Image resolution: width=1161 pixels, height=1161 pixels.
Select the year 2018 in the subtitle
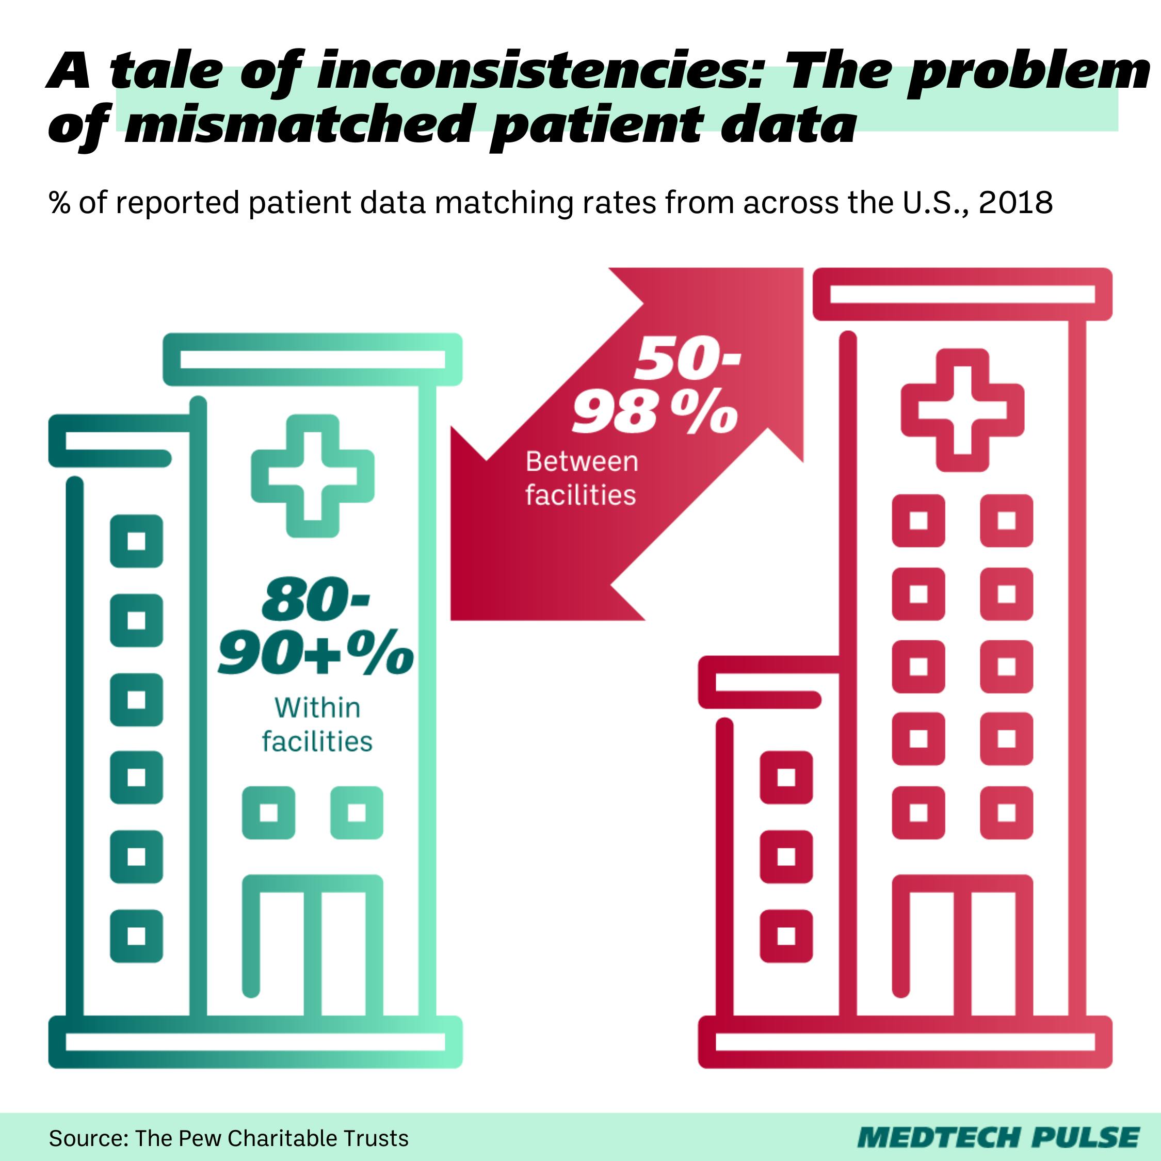pos(1015,202)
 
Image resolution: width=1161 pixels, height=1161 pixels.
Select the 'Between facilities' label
pos(580,479)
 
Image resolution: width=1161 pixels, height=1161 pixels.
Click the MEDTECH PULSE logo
pos(998,1138)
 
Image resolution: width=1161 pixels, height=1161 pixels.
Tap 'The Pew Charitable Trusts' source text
pos(271,1138)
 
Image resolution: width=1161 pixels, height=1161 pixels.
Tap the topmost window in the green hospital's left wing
pos(136,541)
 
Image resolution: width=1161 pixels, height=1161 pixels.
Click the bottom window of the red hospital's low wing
pos(786,936)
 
